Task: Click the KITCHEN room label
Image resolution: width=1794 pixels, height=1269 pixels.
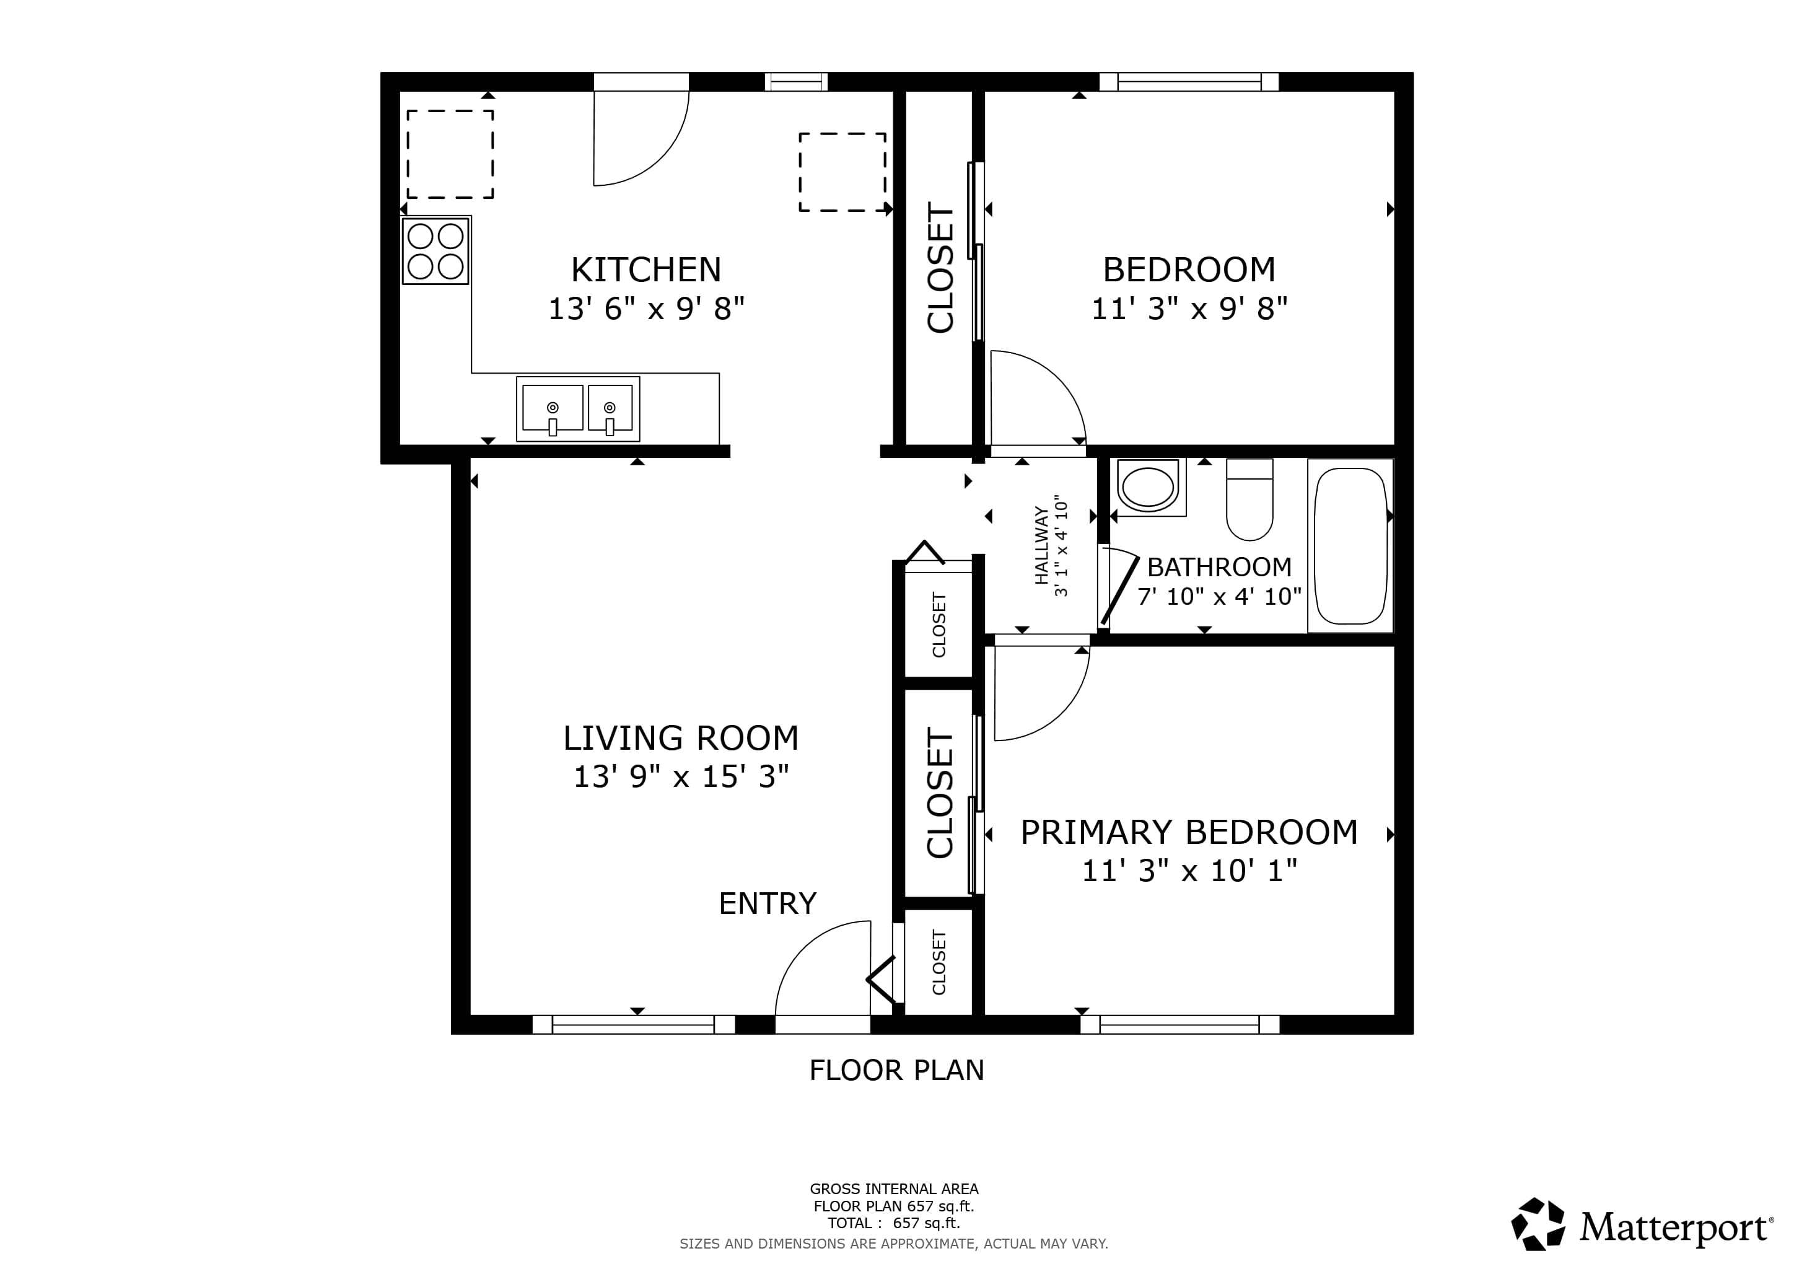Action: click(646, 270)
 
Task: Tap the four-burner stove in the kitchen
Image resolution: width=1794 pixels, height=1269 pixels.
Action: click(436, 251)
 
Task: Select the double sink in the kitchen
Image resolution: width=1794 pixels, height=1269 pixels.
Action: click(578, 409)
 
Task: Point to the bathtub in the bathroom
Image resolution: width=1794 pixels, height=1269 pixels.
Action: click(1350, 545)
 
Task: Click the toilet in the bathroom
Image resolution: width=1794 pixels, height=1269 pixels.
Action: click(1250, 499)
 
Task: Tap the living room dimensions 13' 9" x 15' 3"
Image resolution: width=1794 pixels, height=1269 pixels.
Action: click(681, 777)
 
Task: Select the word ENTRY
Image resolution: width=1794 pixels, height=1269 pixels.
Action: click(768, 903)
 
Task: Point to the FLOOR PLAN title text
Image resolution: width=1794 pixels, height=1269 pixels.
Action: click(896, 1069)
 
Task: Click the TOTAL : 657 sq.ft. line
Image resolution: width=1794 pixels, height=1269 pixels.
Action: click(894, 1223)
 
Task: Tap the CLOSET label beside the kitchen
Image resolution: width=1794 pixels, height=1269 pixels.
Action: click(940, 268)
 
